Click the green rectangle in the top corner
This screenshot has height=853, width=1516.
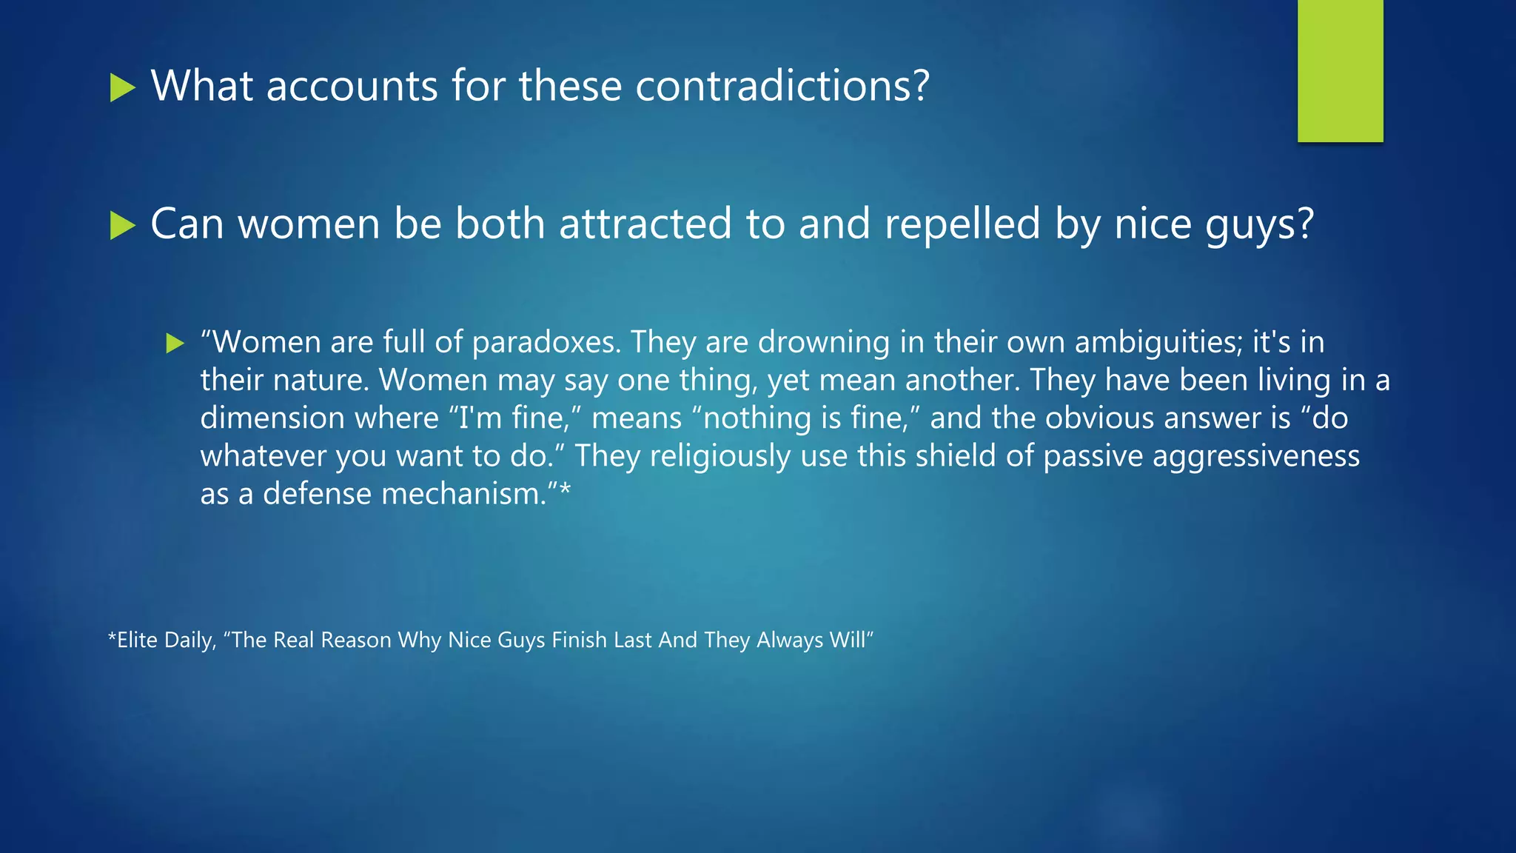tap(1340, 70)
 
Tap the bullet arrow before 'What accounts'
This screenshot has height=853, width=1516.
tap(122, 87)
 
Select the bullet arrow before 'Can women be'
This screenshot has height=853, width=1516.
tap(122, 225)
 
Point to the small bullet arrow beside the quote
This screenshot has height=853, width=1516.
tap(175, 343)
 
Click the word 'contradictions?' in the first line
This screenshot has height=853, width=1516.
tap(782, 86)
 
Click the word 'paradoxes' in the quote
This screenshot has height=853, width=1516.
tap(545, 343)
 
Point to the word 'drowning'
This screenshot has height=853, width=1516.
tap(824, 343)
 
